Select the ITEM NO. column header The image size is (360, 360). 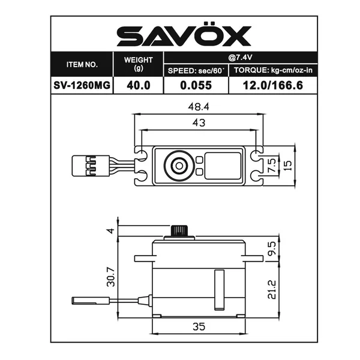(82, 65)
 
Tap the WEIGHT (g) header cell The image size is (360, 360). (138, 64)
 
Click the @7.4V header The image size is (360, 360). (240, 57)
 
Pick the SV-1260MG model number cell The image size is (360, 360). (82, 85)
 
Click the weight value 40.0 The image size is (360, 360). (139, 85)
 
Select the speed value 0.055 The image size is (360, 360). (196, 85)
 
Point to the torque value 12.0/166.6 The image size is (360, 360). (273, 85)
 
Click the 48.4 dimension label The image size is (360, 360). (199, 107)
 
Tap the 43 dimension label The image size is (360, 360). (199, 123)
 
